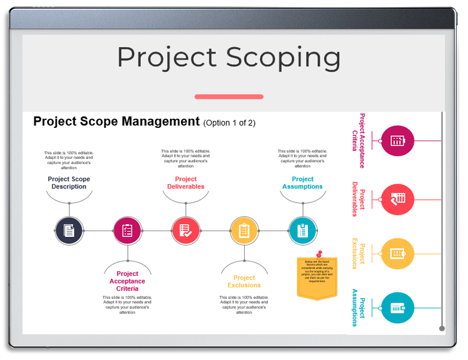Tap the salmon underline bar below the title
click(x=229, y=97)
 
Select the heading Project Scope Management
click(x=116, y=121)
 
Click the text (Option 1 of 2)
click(x=229, y=123)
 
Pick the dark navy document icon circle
click(x=69, y=231)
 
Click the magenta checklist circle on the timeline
click(x=127, y=231)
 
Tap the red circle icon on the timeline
click(x=186, y=231)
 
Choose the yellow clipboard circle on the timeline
click(x=244, y=231)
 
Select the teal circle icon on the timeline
click(x=303, y=231)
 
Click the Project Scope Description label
click(x=69, y=183)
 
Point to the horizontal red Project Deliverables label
click(x=186, y=183)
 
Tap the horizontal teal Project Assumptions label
click(x=303, y=183)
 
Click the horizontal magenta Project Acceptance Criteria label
click(x=127, y=281)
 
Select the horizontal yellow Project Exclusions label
click(x=244, y=281)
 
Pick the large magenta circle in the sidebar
click(x=397, y=141)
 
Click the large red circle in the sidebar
click(x=397, y=199)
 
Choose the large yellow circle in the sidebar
click(x=397, y=254)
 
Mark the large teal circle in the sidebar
click(x=397, y=308)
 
